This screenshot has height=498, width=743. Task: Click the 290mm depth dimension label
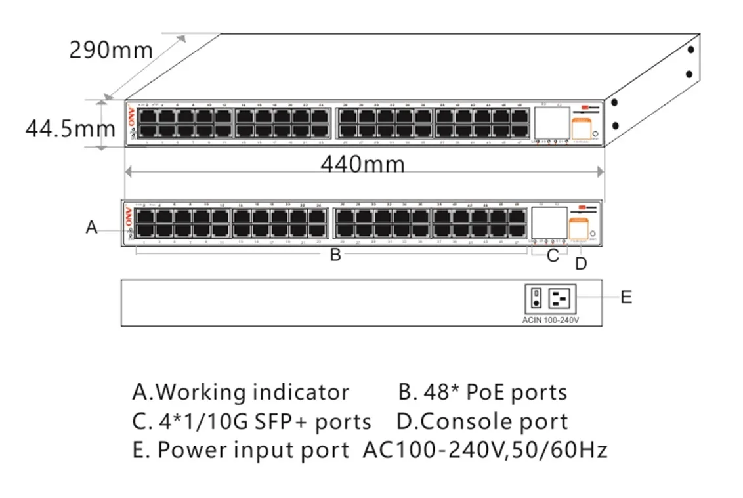111,50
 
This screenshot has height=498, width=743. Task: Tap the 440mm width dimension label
362,163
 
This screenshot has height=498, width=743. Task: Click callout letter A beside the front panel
92,228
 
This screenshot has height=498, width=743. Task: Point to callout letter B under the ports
335,255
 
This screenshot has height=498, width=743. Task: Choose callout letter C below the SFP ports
553,256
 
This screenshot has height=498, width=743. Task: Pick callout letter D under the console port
581,264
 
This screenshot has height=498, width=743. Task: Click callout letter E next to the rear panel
626,297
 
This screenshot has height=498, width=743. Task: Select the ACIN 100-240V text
551,320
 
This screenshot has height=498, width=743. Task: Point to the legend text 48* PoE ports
483,392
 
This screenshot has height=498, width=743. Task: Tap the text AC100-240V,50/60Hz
484,450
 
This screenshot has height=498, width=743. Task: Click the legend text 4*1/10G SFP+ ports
251,421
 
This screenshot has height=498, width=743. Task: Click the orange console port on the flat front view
578,229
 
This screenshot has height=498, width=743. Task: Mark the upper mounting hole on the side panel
690,49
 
